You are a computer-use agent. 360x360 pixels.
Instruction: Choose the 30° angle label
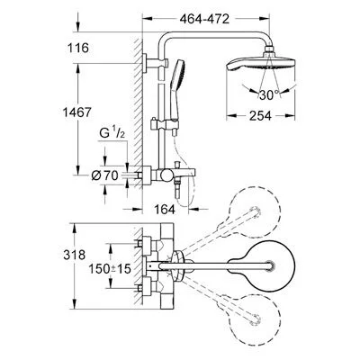click(x=288, y=94)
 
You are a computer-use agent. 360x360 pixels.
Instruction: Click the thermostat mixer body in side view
click(x=169, y=172)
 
